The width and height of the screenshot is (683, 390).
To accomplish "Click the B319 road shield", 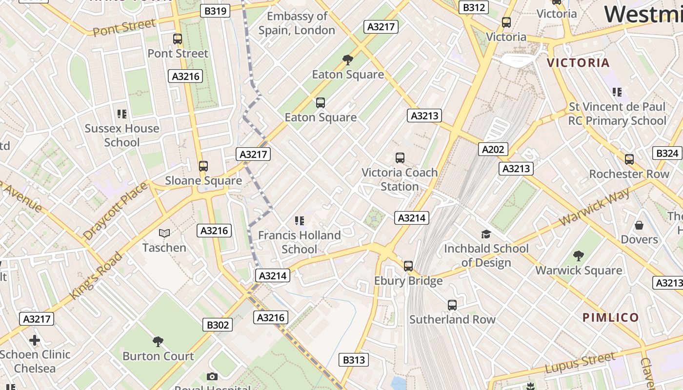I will (x=215, y=11).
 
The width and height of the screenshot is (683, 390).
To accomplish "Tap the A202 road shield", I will (x=492, y=149).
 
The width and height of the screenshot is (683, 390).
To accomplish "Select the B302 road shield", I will (x=217, y=325).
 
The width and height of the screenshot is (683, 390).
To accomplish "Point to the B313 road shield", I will (x=354, y=360).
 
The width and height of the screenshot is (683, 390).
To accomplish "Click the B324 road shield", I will (x=667, y=154).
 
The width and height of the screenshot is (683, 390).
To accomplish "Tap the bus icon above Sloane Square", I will (x=203, y=166).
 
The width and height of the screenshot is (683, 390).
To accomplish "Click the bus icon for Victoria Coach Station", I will (x=400, y=158).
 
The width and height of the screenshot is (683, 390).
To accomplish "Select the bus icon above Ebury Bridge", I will (x=408, y=266).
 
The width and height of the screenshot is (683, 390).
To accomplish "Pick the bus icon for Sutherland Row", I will (x=452, y=305).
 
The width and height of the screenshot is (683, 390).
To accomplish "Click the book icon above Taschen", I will (x=164, y=234).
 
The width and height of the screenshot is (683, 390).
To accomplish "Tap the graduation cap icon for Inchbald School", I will (x=486, y=234).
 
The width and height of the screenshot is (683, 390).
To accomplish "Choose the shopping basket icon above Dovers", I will (x=639, y=225).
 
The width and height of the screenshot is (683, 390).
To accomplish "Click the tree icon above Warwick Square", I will (x=579, y=256).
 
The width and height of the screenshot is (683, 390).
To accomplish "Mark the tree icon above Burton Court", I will (x=158, y=341).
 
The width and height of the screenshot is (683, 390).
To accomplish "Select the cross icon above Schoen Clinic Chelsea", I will (x=35, y=340).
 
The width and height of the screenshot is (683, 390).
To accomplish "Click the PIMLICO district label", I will (x=611, y=318).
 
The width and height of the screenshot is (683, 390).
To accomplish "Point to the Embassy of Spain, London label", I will (x=297, y=23).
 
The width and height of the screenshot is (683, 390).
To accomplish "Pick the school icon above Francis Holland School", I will (x=300, y=221).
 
